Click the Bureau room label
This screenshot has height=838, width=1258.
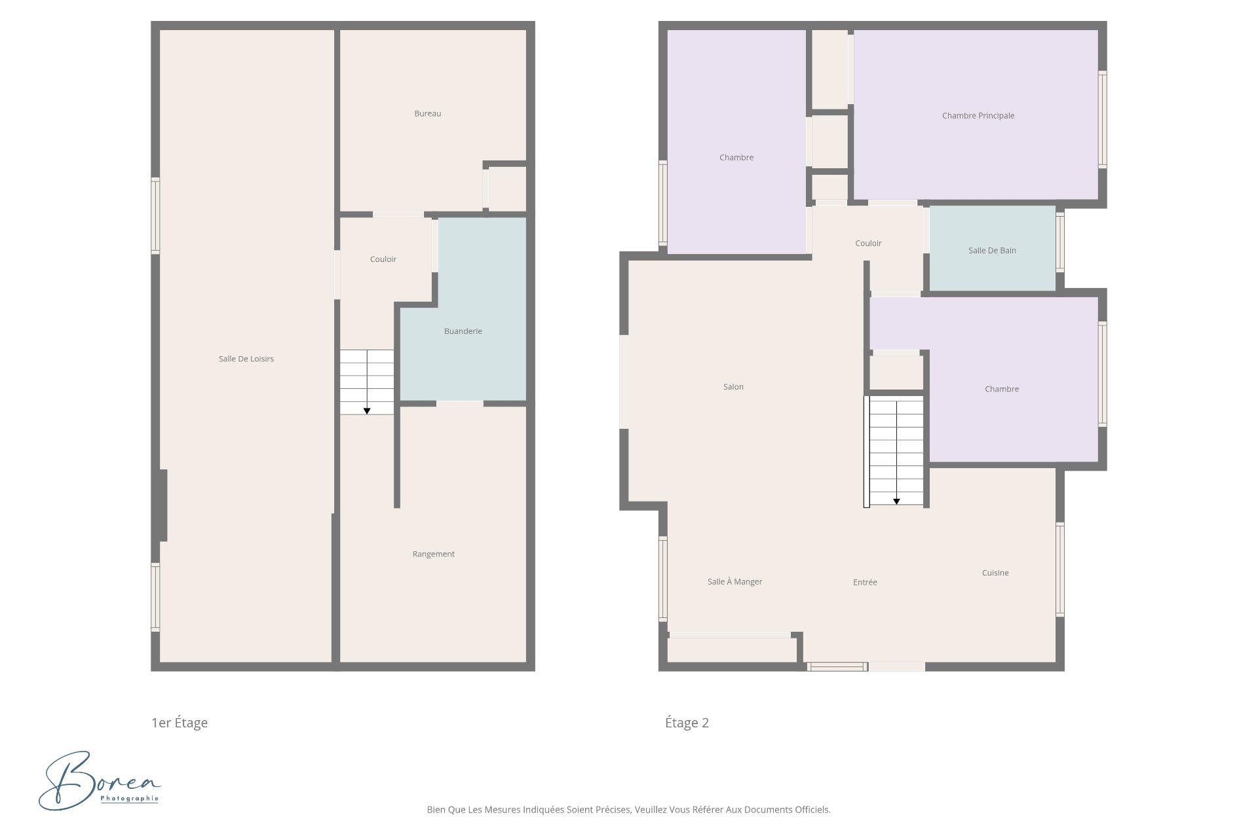tap(427, 114)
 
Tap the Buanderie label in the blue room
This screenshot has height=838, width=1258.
tap(463, 331)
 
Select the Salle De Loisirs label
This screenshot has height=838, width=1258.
tap(246, 359)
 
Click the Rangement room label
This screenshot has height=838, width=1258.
tap(433, 554)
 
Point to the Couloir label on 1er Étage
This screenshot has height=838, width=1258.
tap(383, 259)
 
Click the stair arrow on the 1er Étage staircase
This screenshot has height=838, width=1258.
tap(367, 410)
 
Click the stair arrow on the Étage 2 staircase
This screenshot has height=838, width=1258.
tap(896, 501)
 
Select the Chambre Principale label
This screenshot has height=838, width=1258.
tap(978, 116)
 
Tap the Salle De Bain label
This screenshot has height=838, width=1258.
tap(992, 251)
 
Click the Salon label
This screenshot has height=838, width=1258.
tap(733, 387)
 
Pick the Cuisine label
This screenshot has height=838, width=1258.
tap(995, 573)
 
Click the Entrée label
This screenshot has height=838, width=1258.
tap(865, 582)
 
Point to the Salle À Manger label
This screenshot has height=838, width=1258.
tap(734, 581)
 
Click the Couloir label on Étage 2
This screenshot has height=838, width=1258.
tap(868, 244)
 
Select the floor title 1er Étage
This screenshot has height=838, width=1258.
tap(180, 723)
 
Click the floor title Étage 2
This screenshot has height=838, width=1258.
tap(687, 723)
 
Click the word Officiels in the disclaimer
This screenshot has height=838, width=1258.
tap(812, 810)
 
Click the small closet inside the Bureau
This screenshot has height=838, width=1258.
tap(507, 189)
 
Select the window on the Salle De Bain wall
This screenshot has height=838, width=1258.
tap(1060, 242)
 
